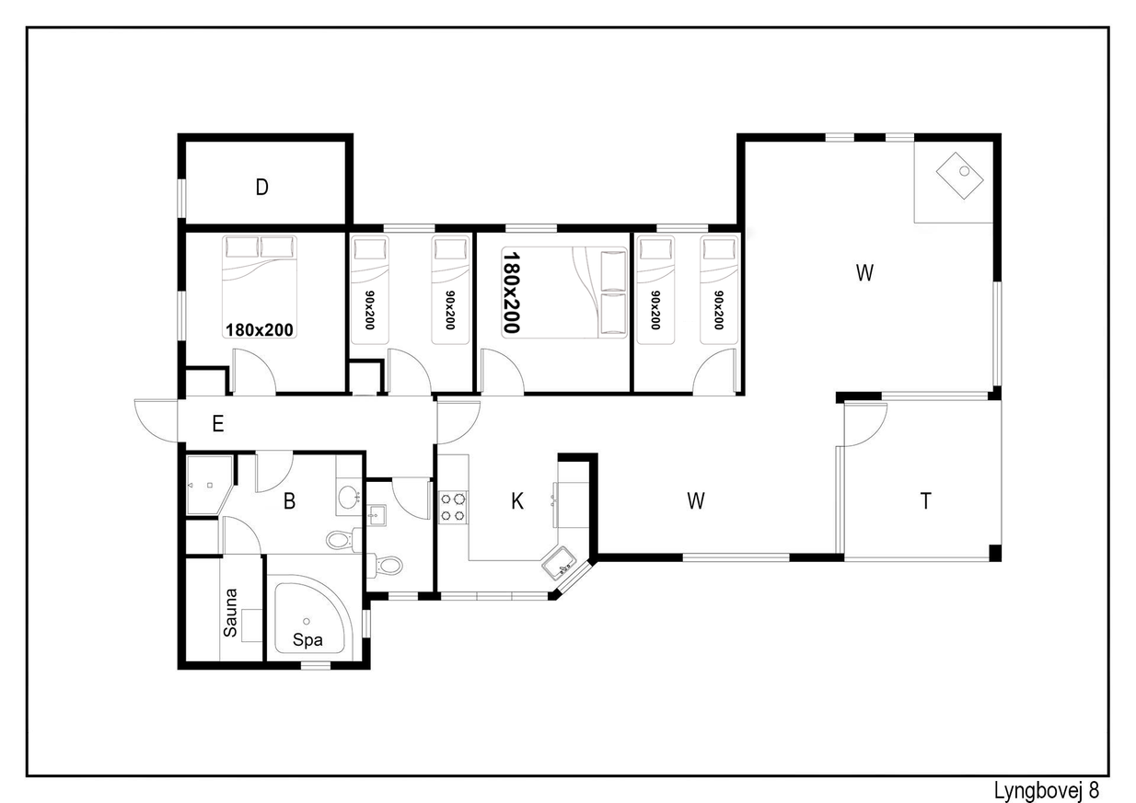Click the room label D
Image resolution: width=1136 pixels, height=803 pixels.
tap(261, 188)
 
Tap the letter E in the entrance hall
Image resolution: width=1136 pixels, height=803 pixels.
tap(218, 423)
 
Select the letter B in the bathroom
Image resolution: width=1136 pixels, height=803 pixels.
tap(290, 501)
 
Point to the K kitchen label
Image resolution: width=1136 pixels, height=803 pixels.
tap(517, 501)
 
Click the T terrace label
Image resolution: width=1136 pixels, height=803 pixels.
tap(925, 501)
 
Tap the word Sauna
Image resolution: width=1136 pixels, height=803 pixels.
tap(230, 612)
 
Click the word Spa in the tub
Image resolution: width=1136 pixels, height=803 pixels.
tap(307, 640)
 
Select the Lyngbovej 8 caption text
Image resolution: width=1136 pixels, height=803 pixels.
tap(1046, 790)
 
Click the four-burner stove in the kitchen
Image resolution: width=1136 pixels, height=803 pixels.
tap(453, 508)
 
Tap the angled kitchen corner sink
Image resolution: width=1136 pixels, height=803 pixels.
tap(559, 562)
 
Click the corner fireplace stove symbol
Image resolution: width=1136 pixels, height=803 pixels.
tap(959, 176)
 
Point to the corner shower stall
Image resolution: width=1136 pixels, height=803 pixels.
tap(209, 486)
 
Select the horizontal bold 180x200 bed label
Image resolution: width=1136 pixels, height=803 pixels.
tap(260, 330)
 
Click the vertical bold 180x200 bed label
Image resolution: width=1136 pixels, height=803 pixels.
tap(511, 293)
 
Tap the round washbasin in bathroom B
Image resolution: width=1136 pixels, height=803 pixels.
tap(348, 497)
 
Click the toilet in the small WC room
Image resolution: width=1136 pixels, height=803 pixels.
tap(386, 565)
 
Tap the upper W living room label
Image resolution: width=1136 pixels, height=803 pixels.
tap(864, 273)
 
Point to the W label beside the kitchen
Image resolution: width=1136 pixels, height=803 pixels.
tap(696, 501)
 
